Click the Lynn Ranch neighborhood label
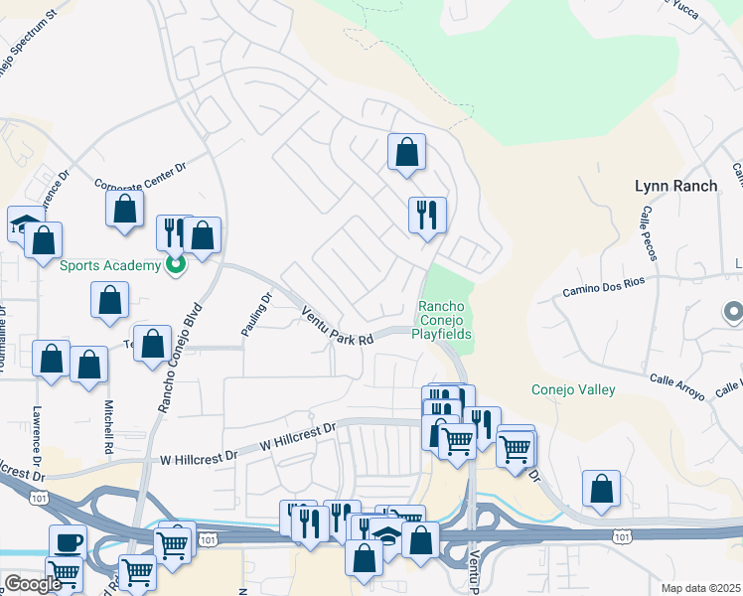tap(675, 186)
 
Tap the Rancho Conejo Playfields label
tap(442, 320)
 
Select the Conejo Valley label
tap(573, 390)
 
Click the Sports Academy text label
tap(109, 265)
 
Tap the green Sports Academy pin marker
tap(176, 265)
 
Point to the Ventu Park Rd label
tap(337, 326)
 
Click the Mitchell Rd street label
tap(108, 428)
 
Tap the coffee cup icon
tap(68, 542)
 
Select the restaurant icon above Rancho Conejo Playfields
tap(427, 215)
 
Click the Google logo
tap(32, 584)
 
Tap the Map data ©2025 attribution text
tap(700, 588)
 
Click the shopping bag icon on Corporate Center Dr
tap(123, 210)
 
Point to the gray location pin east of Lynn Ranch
tap(733, 313)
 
